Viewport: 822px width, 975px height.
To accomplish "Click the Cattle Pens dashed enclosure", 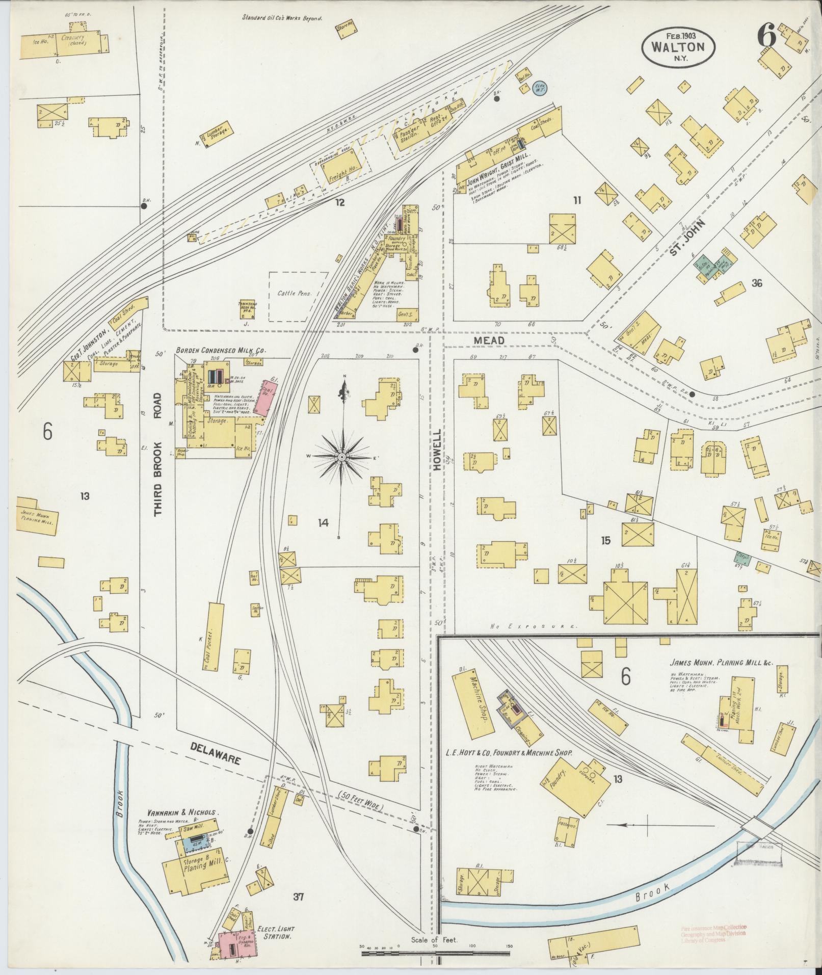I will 298,296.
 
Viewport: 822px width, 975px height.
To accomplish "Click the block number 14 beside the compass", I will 323,522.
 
